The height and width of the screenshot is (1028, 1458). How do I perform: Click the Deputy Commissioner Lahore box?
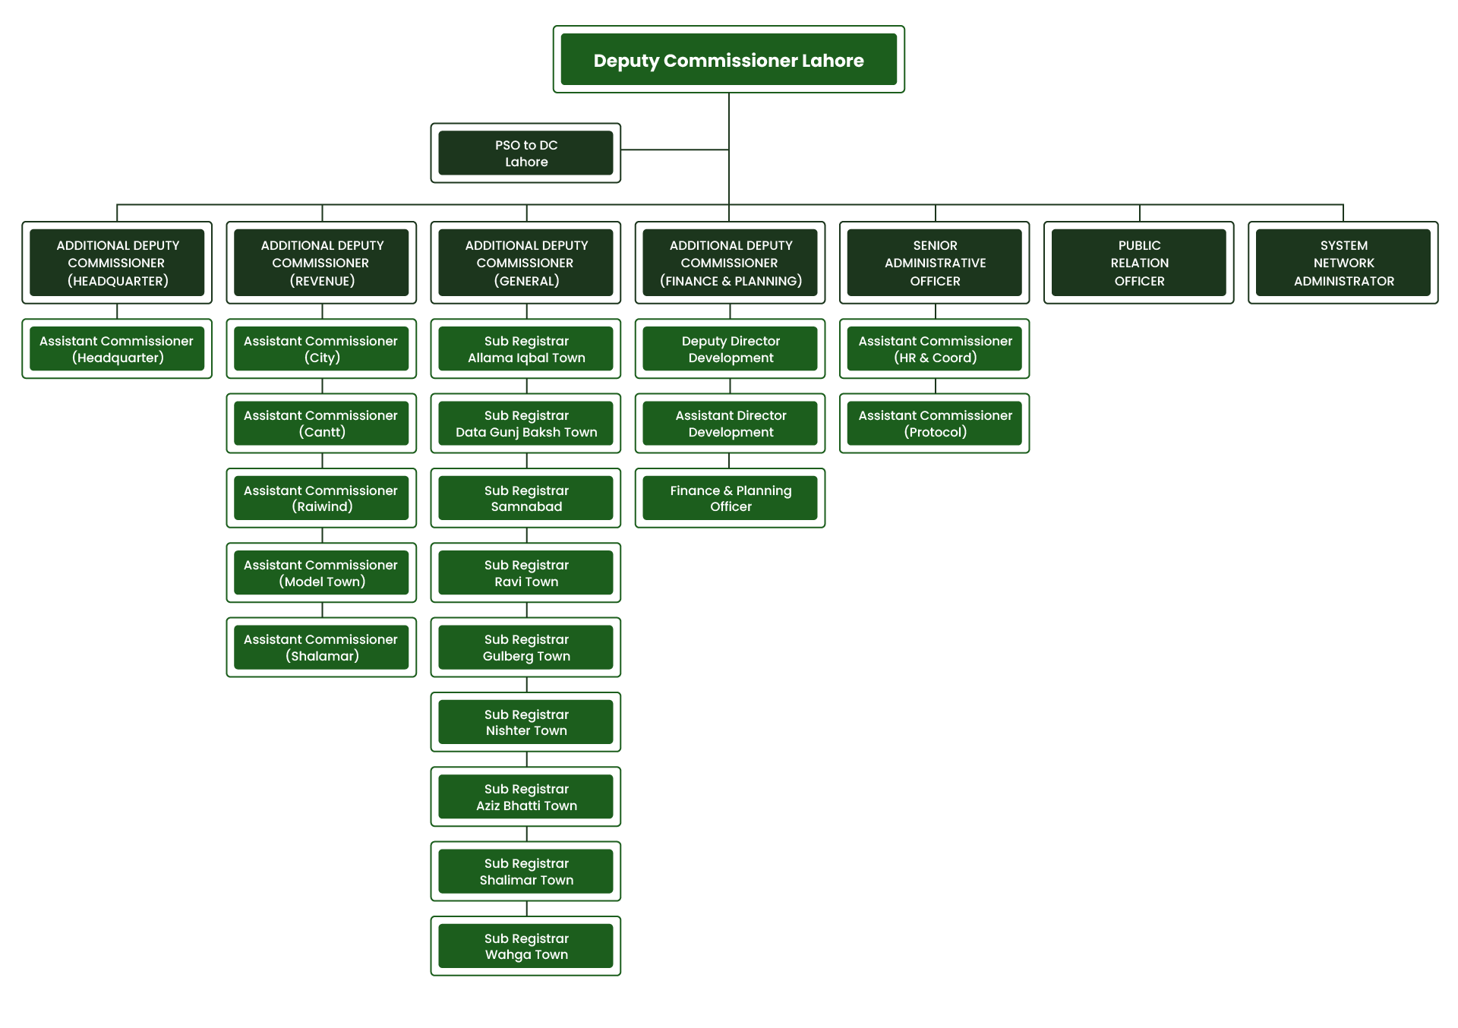point(728,60)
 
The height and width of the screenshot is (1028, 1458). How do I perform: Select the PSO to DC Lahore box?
point(525,153)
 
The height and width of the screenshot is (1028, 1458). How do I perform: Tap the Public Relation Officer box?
point(1138,263)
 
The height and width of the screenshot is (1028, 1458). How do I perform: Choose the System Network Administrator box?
point(1343,263)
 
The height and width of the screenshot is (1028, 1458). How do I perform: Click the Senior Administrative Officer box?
point(934,263)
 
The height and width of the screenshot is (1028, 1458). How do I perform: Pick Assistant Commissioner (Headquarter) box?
point(117,349)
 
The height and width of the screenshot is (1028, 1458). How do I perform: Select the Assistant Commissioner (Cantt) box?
point(321,424)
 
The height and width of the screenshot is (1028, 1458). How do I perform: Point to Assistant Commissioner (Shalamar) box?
point(321,648)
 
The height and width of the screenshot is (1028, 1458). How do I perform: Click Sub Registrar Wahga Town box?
point(525,946)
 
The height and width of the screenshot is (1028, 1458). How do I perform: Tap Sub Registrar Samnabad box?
point(525,498)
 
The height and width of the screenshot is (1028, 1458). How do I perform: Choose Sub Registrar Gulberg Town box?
point(525,648)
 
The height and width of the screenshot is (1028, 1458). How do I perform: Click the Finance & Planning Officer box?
point(730,498)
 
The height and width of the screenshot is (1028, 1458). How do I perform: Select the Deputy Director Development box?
point(730,349)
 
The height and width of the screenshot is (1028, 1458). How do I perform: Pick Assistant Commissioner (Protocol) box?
point(934,424)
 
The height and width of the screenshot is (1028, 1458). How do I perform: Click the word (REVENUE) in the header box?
point(322,281)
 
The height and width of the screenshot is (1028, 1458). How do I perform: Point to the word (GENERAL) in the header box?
point(526,281)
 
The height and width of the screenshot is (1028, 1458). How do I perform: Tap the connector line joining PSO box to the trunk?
point(674,150)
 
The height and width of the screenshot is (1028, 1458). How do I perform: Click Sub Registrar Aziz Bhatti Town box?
point(525,797)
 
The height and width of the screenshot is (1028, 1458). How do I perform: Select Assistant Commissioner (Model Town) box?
point(321,573)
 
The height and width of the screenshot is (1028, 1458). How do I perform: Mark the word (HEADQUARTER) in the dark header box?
point(118,281)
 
